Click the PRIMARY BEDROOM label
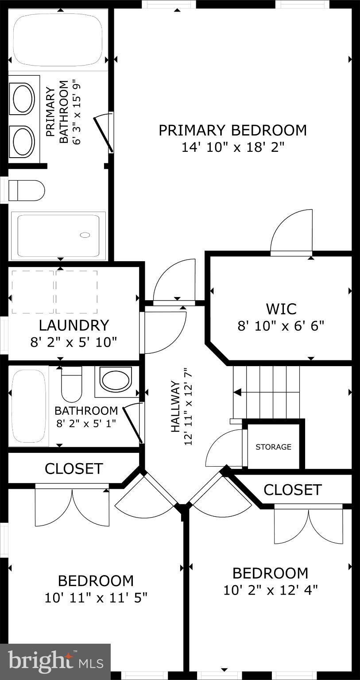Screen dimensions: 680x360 232,130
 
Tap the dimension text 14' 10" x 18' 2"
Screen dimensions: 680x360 232,147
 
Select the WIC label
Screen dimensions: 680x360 281,309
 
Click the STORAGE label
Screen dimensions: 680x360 273,447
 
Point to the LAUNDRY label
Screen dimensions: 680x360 74,325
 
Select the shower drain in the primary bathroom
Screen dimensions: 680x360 85,235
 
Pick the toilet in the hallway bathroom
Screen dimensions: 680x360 71,384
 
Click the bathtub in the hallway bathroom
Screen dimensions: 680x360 29,406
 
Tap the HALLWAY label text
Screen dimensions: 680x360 176,406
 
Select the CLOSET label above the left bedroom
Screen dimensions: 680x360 74,468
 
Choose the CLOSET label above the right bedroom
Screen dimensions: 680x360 292,490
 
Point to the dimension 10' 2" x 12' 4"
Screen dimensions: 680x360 270,590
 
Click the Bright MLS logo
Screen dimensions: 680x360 55,662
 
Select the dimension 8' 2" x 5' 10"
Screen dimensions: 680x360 74,342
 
